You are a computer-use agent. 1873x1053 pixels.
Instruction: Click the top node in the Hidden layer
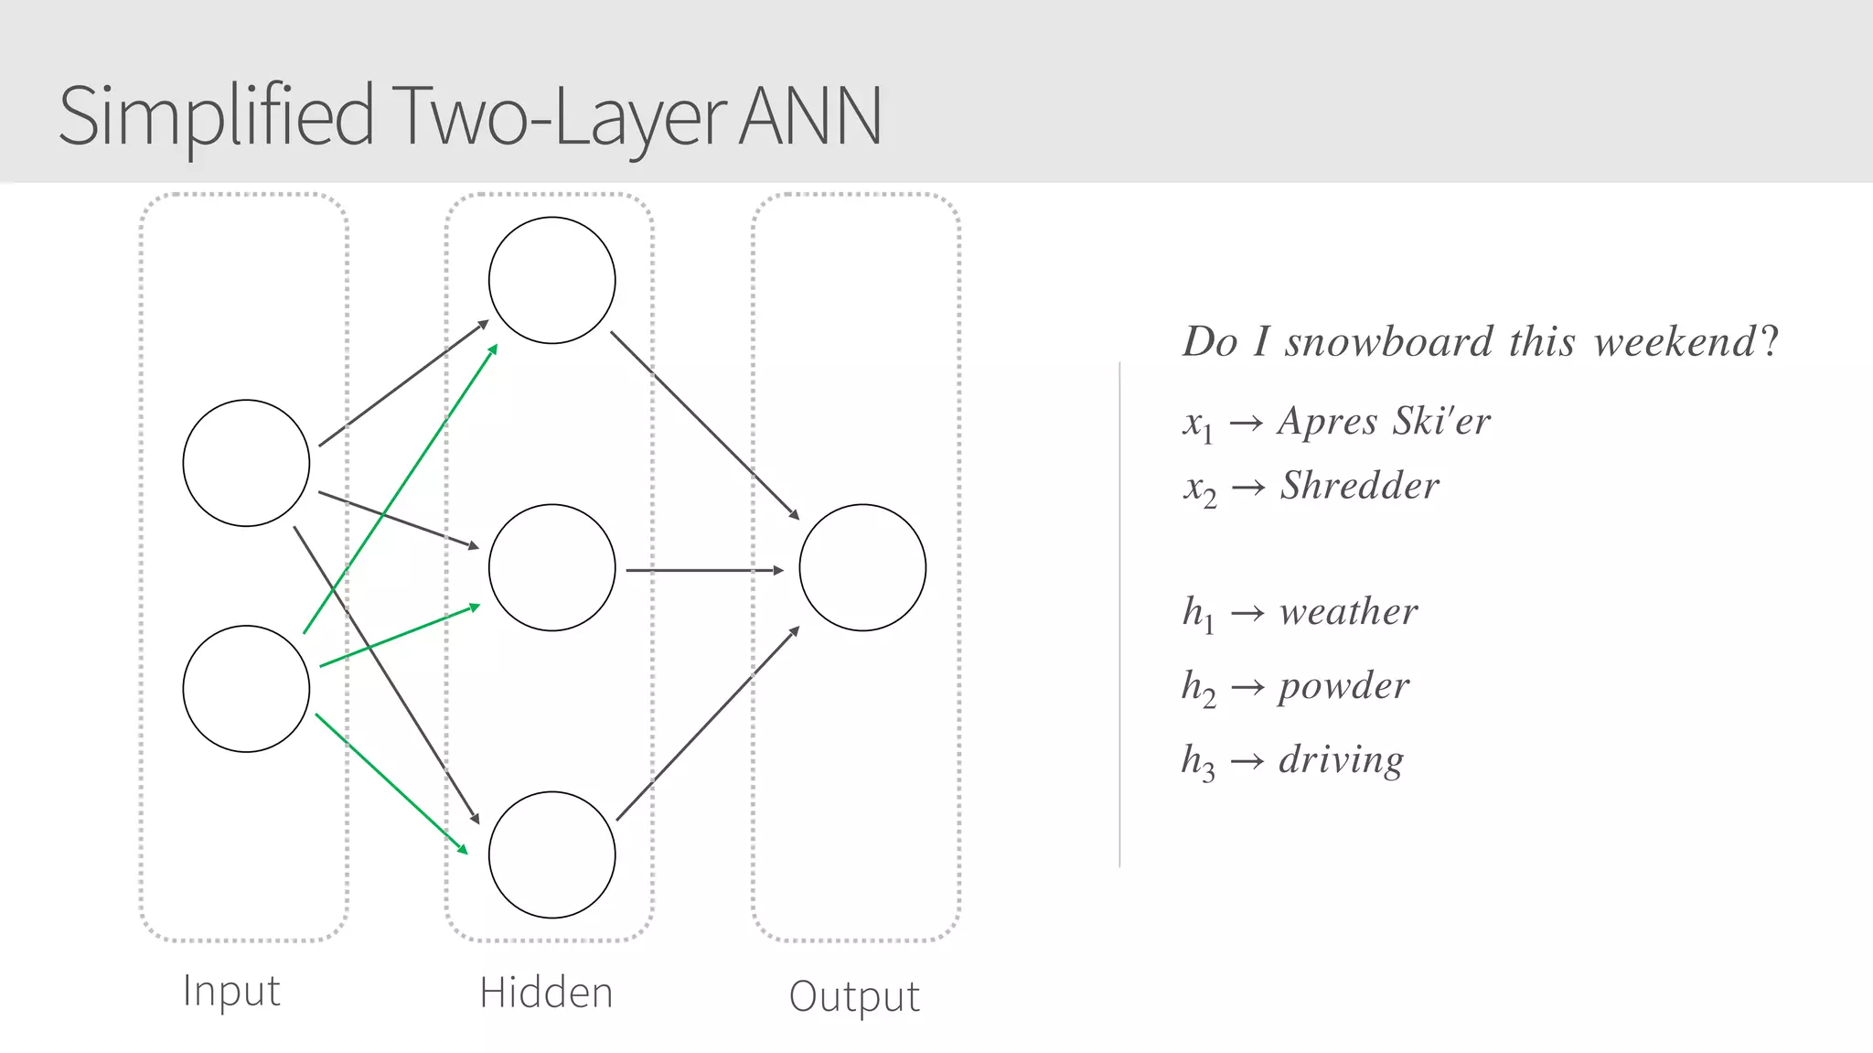[x=551, y=280]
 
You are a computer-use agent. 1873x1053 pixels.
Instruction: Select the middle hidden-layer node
[x=551, y=567]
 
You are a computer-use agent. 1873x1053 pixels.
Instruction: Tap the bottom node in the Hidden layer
[x=551, y=854]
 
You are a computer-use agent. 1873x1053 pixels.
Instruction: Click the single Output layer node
[x=862, y=567]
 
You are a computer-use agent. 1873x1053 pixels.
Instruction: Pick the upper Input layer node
[x=246, y=463]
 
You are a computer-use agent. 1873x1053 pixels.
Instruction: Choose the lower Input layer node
[x=246, y=689]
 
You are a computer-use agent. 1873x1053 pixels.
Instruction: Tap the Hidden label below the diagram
[x=546, y=994]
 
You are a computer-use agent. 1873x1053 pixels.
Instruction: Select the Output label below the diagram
[x=854, y=996]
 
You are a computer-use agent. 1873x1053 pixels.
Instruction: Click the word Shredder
[x=1360, y=486]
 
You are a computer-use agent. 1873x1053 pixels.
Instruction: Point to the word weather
[x=1349, y=611]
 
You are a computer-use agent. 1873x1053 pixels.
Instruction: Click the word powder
[x=1343, y=685]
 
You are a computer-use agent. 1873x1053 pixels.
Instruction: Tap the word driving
[x=1341, y=759]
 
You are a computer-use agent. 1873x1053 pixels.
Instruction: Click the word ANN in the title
[x=809, y=116]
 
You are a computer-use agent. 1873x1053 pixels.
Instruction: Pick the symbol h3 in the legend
[x=1198, y=761]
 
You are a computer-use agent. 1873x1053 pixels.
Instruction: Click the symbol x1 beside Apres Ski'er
[x=1197, y=424]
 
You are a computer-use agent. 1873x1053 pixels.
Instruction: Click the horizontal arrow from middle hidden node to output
[x=704, y=570]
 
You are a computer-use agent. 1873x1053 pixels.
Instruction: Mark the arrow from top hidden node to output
[x=704, y=424]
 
